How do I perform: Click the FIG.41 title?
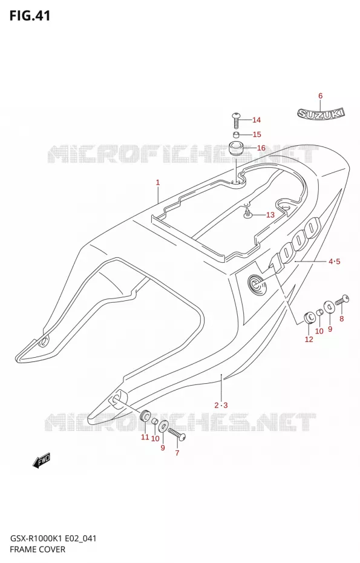[x=30, y=16]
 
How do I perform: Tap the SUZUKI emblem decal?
[x=321, y=114]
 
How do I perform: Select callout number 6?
[x=320, y=96]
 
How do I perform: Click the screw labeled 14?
[x=236, y=120]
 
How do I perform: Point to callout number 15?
[x=257, y=134]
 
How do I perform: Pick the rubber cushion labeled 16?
[x=237, y=148]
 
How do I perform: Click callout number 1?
[x=157, y=183]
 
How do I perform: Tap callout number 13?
[x=270, y=215]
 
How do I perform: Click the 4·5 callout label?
[x=334, y=262]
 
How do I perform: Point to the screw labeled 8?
[x=342, y=300]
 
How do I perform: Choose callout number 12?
[x=309, y=339]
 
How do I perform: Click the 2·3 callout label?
[x=221, y=406]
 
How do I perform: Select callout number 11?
[x=145, y=437]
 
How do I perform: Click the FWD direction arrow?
[x=41, y=460]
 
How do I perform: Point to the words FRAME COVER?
[x=38, y=549]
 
